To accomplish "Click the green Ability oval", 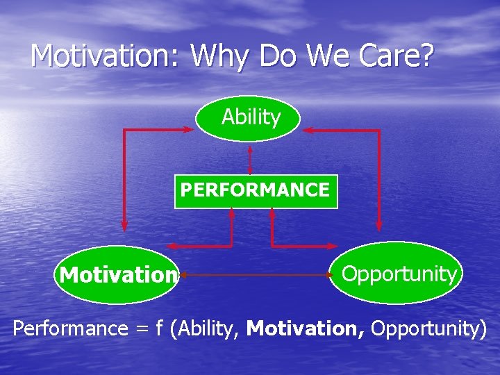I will coord(249,118).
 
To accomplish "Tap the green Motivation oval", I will coord(117,276).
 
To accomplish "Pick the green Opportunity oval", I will coord(398,274).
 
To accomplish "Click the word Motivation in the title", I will coord(104,56).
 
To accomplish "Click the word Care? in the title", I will coord(397,56).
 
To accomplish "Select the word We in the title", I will coord(331,56).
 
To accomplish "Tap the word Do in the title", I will coord(281,56).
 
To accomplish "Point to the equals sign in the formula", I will coord(141,328).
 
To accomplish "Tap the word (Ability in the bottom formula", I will coord(208,328).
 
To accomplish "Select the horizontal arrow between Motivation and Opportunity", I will coord(253,276).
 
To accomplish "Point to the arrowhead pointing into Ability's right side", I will coord(308,130).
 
